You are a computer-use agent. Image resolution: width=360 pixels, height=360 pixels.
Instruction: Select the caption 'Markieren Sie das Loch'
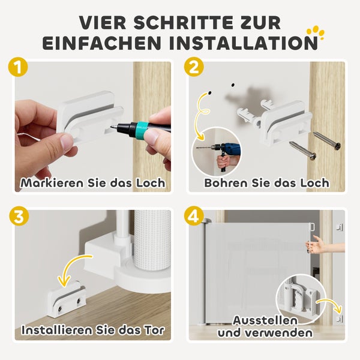(x=93, y=182)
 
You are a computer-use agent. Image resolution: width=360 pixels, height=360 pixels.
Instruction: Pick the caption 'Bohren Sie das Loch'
(x=267, y=182)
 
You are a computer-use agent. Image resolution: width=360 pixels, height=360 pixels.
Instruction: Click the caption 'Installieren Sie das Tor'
(x=93, y=329)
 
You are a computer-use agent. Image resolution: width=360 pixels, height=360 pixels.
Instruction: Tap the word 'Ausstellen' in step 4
(x=266, y=320)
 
